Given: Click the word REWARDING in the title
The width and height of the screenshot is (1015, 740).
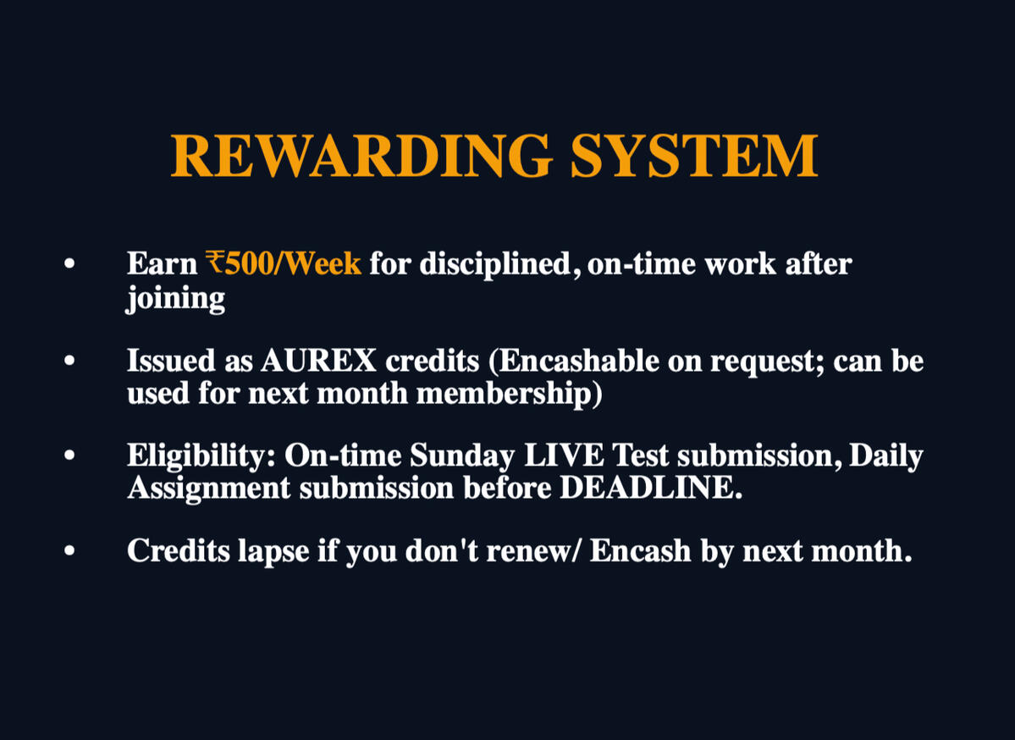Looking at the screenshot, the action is point(361,156).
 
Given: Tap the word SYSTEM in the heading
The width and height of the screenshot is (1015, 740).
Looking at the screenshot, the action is point(694,156).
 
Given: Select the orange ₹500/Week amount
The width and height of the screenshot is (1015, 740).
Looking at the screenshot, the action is point(284,263).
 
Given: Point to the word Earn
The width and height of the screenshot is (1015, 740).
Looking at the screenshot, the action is point(162,263).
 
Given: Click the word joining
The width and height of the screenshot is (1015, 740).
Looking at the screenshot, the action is point(176,299).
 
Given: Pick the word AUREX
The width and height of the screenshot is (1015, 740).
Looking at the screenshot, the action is point(318,361).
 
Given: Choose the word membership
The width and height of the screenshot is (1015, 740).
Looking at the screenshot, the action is point(509,394).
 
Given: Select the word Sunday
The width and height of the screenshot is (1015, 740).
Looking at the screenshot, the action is point(462,456).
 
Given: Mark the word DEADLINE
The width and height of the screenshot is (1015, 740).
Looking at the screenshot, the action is point(650,488).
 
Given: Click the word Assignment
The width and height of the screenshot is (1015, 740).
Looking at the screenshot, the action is point(209,489).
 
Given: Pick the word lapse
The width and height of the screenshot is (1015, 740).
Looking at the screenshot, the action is point(273,552).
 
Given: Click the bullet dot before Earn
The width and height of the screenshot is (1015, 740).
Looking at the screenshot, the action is point(70,264).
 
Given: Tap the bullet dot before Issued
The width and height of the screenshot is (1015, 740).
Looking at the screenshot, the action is point(70,362).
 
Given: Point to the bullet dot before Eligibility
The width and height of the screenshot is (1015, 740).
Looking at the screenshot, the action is point(70,456).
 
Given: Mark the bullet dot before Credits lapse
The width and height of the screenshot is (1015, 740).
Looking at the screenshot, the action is point(70,551).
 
